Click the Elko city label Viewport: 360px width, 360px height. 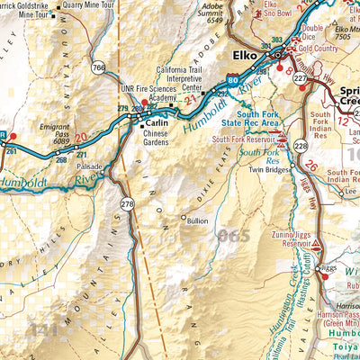coord(242,55)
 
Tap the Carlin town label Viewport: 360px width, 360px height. coord(157,121)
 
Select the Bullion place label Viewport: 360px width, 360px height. coord(196,219)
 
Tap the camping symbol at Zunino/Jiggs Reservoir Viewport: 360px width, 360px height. coord(317,244)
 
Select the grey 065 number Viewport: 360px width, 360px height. coord(232,236)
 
